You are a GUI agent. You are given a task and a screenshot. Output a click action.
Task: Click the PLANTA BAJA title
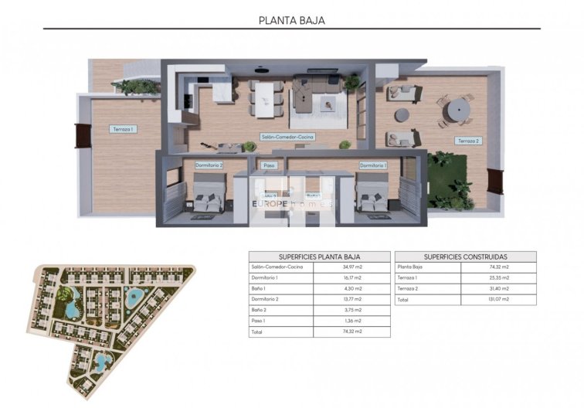[x=291, y=21]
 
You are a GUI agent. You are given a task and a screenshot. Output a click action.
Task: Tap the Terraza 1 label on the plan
[x=122, y=129]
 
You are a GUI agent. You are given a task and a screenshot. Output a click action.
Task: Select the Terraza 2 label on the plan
[x=468, y=141]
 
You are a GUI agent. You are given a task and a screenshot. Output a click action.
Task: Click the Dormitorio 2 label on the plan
[x=209, y=165]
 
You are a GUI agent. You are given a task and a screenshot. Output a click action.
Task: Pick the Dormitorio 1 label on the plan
[x=372, y=165]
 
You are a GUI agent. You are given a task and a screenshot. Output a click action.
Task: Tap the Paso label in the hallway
[x=269, y=165]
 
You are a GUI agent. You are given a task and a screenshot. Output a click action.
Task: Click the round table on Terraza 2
[x=456, y=107]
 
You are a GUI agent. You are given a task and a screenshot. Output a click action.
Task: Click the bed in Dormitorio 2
[x=209, y=195]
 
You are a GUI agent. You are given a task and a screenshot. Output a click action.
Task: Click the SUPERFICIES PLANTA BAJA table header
[x=319, y=257]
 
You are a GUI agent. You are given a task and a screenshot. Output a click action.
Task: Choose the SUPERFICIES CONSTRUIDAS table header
[x=465, y=257]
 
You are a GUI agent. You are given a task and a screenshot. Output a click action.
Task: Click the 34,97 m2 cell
[x=351, y=267]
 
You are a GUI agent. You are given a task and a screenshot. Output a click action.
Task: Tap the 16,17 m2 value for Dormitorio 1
[x=351, y=277]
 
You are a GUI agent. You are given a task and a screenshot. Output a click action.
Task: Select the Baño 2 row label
[x=260, y=310]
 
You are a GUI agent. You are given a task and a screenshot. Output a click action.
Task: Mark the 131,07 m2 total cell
[x=498, y=299]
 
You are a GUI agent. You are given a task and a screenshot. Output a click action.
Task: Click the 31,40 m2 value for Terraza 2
[x=498, y=288]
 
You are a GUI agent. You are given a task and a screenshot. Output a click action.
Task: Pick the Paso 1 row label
[x=259, y=321]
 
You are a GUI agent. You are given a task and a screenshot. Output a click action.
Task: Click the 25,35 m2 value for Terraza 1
[x=498, y=277]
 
